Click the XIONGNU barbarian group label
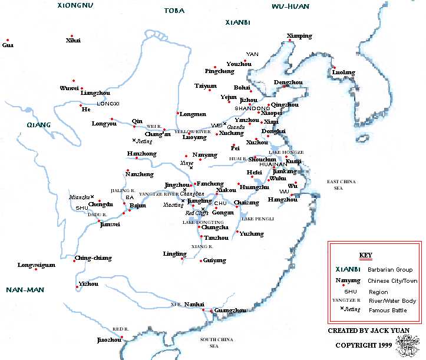(x=75, y=5)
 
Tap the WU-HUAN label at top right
(x=290, y=6)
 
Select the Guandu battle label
(x=236, y=126)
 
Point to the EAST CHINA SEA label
(x=344, y=184)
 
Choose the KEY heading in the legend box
(x=366, y=255)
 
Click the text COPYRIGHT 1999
(x=364, y=345)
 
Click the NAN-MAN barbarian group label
(x=22, y=290)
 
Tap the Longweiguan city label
(x=37, y=265)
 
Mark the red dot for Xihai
(x=71, y=36)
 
